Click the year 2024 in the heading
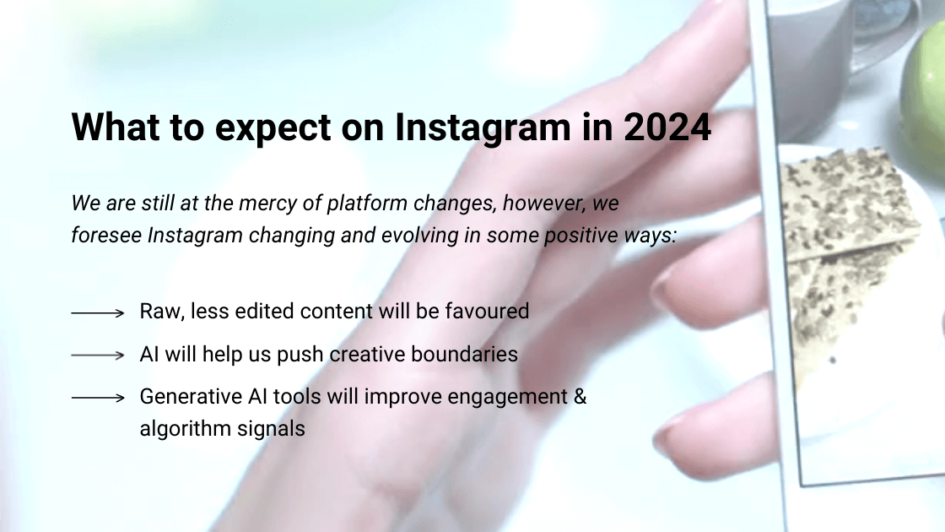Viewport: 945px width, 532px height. point(667,127)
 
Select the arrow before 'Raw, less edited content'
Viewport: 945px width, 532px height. point(98,312)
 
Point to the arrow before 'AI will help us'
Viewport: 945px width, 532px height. point(98,356)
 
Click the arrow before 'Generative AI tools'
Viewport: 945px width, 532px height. point(98,397)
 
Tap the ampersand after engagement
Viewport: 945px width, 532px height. point(579,396)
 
